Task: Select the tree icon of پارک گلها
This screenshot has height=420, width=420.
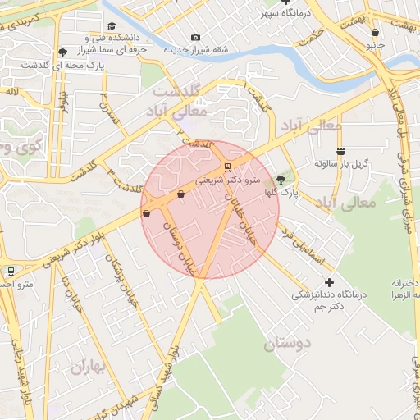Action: [x=281, y=178]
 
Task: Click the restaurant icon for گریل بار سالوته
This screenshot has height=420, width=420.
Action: [x=340, y=150]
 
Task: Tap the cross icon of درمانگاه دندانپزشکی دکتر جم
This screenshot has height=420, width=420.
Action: [x=330, y=283]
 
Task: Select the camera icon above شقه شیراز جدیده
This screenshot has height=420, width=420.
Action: [x=194, y=37]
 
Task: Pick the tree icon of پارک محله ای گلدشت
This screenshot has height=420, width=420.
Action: [x=62, y=53]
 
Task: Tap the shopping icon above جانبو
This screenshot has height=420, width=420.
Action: [x=375, y=33]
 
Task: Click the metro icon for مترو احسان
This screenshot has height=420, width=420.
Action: [x=11, y=271]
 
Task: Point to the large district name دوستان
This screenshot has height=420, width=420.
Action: [x=290, y=345]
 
